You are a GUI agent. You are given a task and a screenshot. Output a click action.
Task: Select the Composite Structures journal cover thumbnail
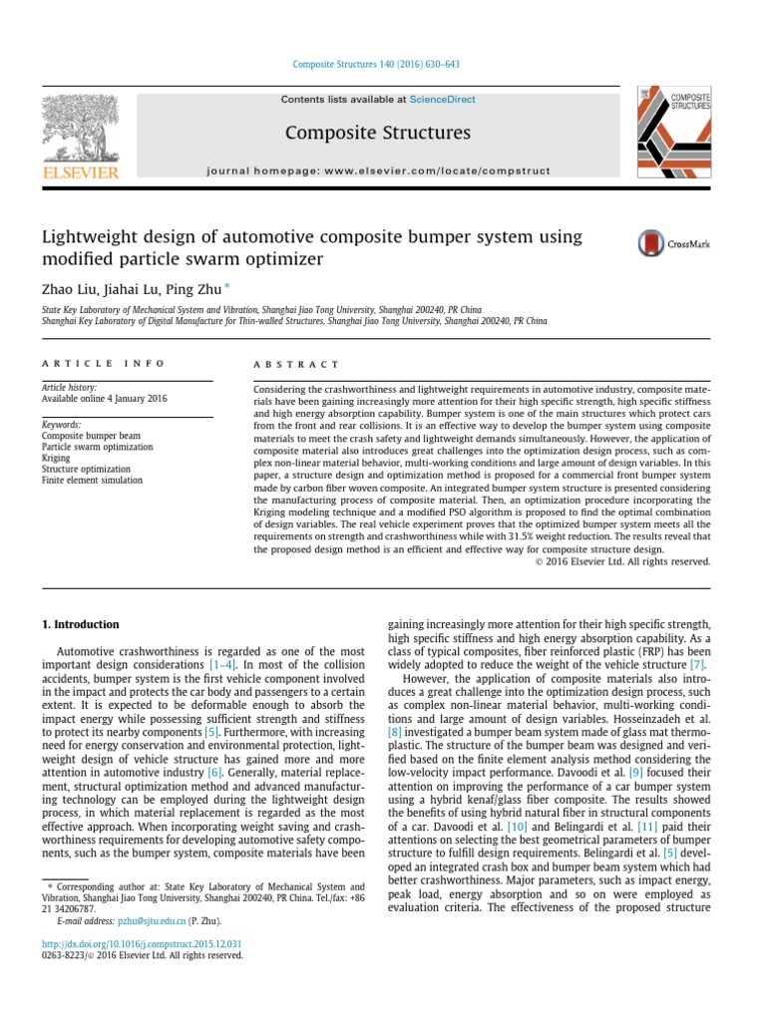674,129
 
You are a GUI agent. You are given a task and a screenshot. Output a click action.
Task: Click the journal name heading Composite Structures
377,133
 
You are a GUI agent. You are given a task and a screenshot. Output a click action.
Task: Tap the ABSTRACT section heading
296,365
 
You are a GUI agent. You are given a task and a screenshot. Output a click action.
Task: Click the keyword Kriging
57,458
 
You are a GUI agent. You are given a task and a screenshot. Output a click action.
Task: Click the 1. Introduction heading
80,624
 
